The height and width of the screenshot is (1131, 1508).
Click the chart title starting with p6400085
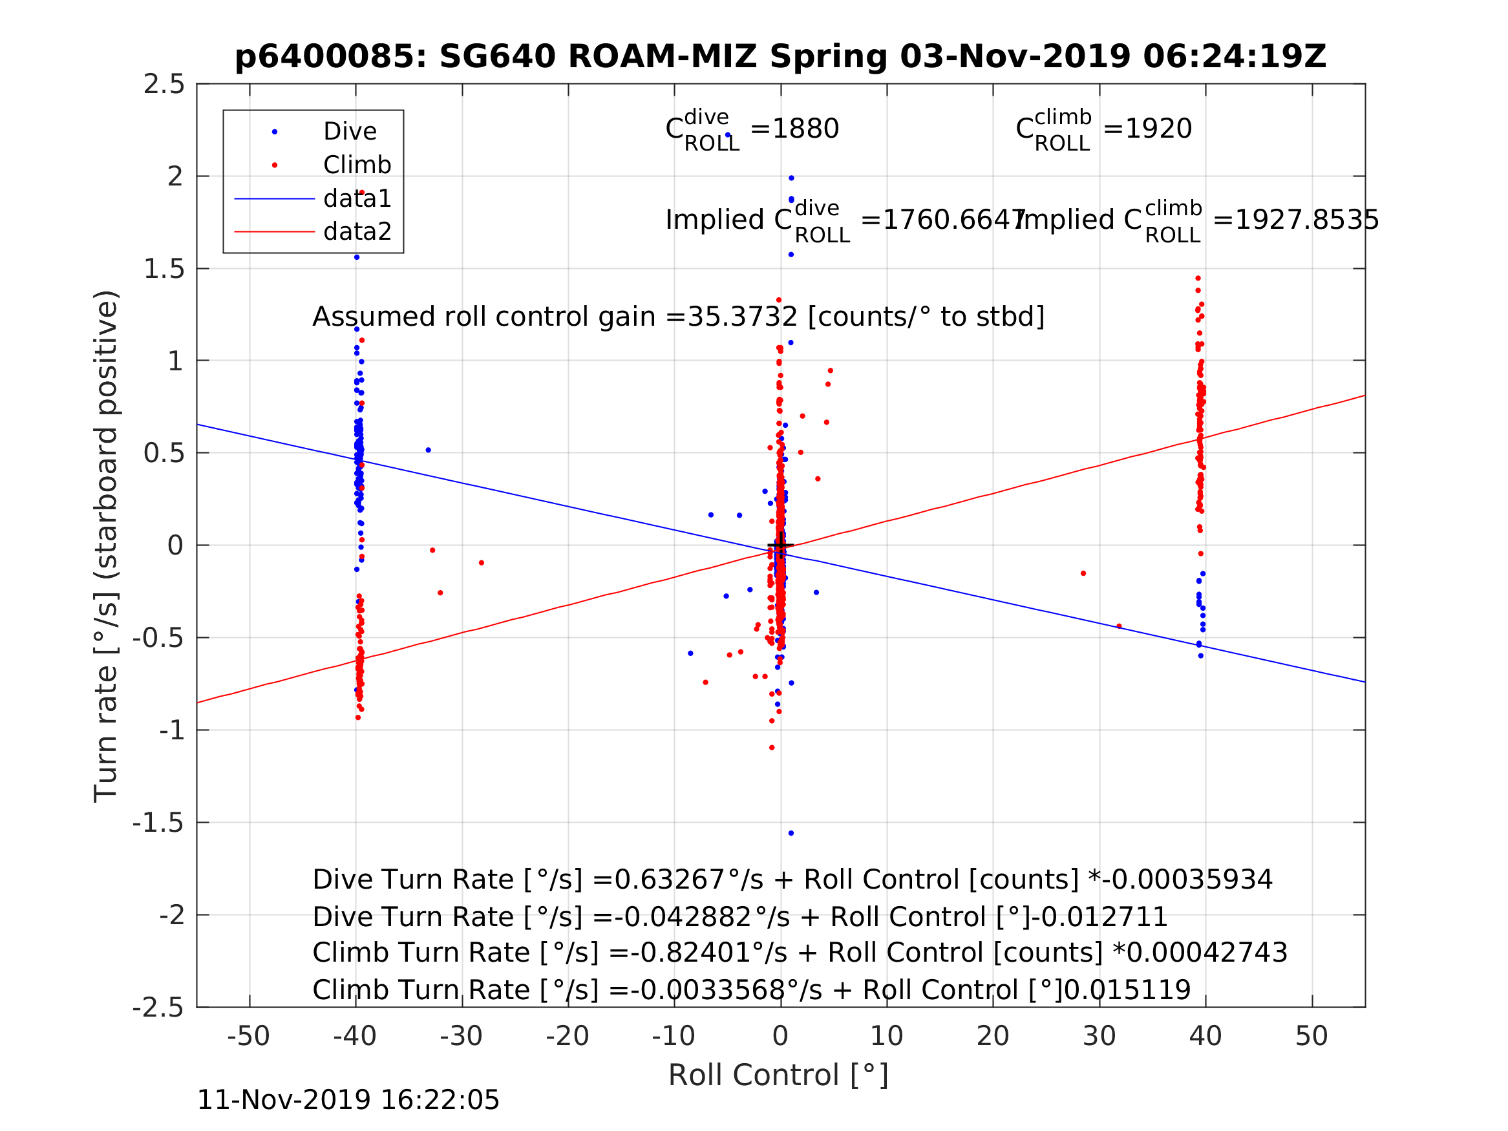pos(780,57)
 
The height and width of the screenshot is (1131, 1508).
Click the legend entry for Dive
pos(349,132)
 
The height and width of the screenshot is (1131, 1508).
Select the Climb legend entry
pos(357,165)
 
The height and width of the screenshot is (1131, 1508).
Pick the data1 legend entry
pos(357,198)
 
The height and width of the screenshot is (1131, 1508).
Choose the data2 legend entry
pos(357,232)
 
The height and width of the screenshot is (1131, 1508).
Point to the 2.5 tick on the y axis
pos(164,85)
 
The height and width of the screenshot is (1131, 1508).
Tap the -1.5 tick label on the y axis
pos(158,823)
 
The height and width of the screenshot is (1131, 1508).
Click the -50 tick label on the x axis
pos(249,1036)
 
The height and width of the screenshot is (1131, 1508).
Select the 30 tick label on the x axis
pos(1099,1036)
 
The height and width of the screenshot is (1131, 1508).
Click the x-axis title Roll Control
pos(778,1075)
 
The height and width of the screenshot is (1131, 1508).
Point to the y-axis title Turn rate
pos(107,546)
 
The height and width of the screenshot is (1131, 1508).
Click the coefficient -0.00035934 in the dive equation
pos(1187,880)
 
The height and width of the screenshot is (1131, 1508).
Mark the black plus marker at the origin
pos(781,546)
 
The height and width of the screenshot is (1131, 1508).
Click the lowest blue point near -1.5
pos(791,834)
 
